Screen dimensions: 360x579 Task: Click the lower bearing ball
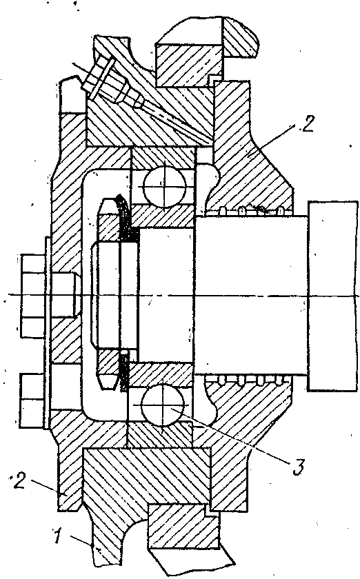(x=163, y=405)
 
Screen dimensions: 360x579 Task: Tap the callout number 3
(x=299, y=467)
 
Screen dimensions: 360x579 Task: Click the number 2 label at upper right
(x=308, y=124)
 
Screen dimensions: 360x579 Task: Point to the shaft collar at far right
(x=333, y=296)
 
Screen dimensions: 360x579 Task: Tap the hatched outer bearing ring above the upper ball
(x=163, y=158)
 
